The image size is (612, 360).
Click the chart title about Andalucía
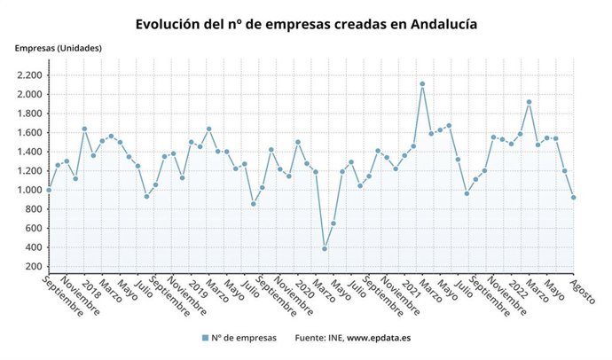(306, 24)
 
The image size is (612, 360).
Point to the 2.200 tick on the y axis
(28, 76)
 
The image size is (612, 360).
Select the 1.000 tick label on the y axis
(28, 191)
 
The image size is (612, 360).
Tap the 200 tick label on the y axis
(33, 267)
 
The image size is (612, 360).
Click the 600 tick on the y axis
(33, 229)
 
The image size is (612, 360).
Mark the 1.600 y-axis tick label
(28, 133)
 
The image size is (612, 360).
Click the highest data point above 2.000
(422, 84)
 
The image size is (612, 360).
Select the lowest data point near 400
(325, 249)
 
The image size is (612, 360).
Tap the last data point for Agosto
(574, 198)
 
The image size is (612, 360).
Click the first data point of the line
(49, 190)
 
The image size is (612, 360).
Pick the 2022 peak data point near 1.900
(530, 102)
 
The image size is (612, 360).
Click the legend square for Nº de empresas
(205, 338)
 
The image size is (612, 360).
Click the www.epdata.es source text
(378, 338)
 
